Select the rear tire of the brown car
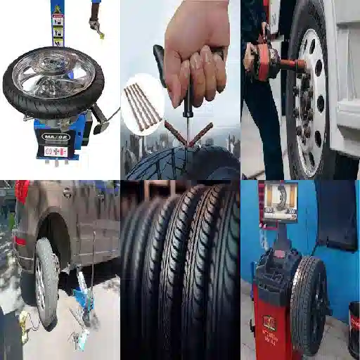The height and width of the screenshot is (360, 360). pyautogui.click(x=47, y=282)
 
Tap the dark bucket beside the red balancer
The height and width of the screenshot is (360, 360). pyautogui.click(x=354, y=330)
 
